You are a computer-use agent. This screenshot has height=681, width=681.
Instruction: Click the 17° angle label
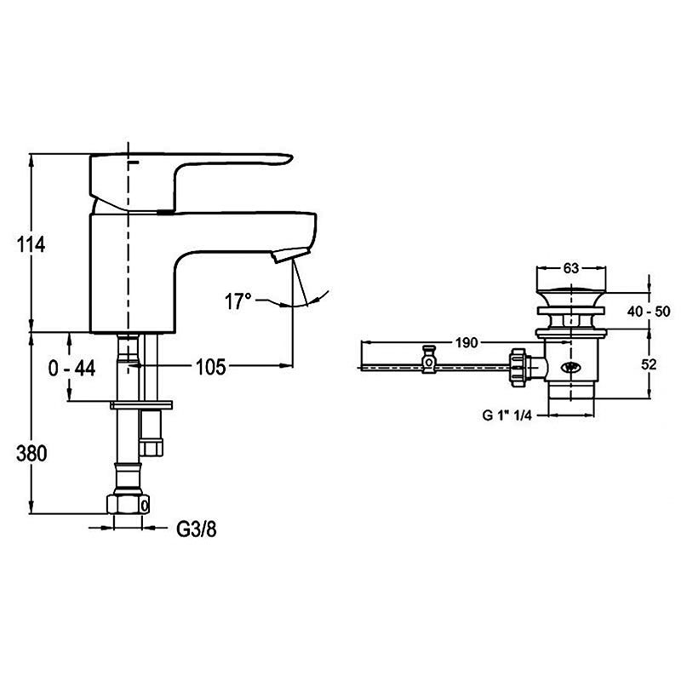click(238, 300)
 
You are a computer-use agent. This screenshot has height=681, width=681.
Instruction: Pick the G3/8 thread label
click(197, 529)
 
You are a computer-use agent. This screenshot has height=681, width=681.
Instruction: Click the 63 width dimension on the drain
click(570, 268)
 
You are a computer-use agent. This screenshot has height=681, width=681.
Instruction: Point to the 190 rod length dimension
click(465, 343)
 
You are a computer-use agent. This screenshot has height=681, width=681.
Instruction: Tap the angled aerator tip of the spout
click(286, 255)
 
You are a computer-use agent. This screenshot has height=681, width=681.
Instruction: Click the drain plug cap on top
click(570, 296)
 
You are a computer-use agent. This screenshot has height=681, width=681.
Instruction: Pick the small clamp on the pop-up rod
click(429, 358)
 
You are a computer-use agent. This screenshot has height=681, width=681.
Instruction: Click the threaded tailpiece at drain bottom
click(570, 392)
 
